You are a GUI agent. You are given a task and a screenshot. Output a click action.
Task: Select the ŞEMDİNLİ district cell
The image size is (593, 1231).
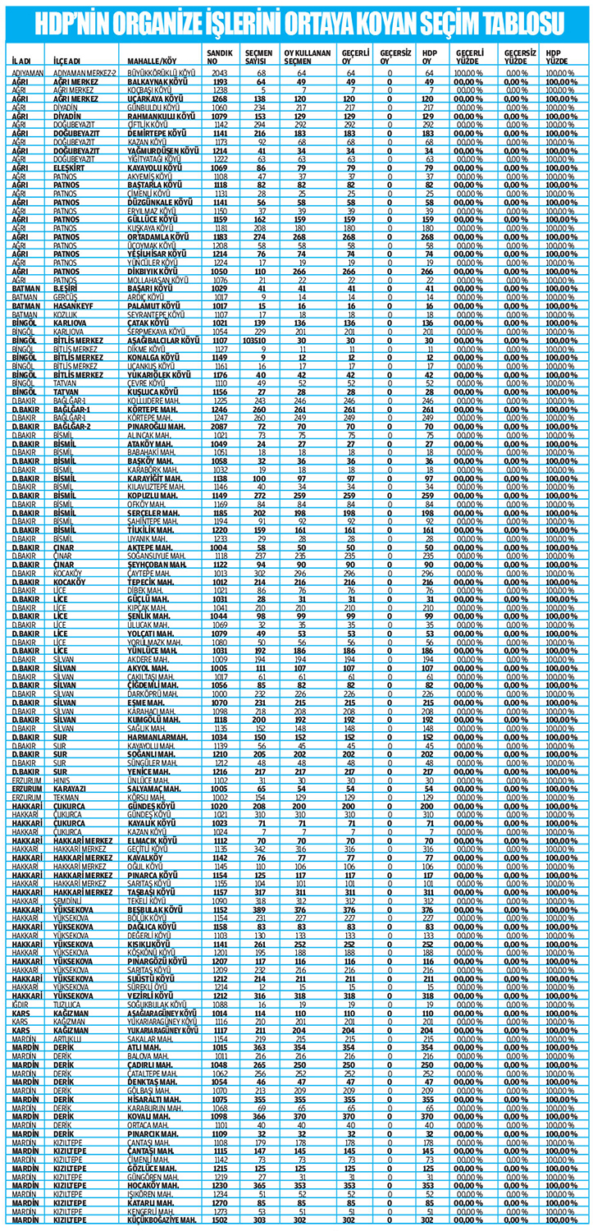click(x=70, y=900)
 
